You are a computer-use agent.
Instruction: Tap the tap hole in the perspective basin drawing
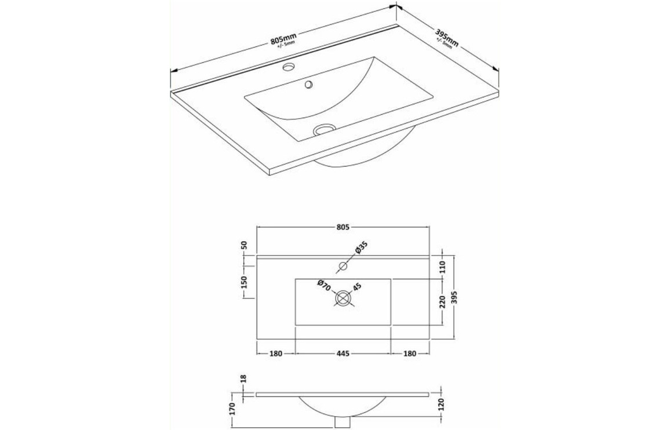pyautogui.click(x=288, y=67)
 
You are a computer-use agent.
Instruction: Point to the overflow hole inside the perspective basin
pyautogui.click(x=309, y=85)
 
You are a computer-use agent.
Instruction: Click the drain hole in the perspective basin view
pyautogui.click(x=325, y=129)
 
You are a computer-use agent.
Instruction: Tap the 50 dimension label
pyautogui.click(x=244, y=245)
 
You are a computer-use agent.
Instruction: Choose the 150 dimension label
pyautogui.click(x=244, y=282)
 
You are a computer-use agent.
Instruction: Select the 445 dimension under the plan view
pyautogui.click(x=343, y=354)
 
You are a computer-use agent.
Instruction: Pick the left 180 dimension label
pyautogui.click(x=275, y=354)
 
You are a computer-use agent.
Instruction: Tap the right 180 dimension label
pyautogui.click(x=410, y=354)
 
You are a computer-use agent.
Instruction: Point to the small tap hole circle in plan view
pyautogui.click(x=342, y=267)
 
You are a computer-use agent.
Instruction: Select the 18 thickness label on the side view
pyautogui.click(x=244, y=378)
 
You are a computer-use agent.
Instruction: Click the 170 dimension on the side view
pyautogui.click(x=232, y=409)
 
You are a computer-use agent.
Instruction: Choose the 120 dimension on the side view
pyautogui.click(x=442, y=404)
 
